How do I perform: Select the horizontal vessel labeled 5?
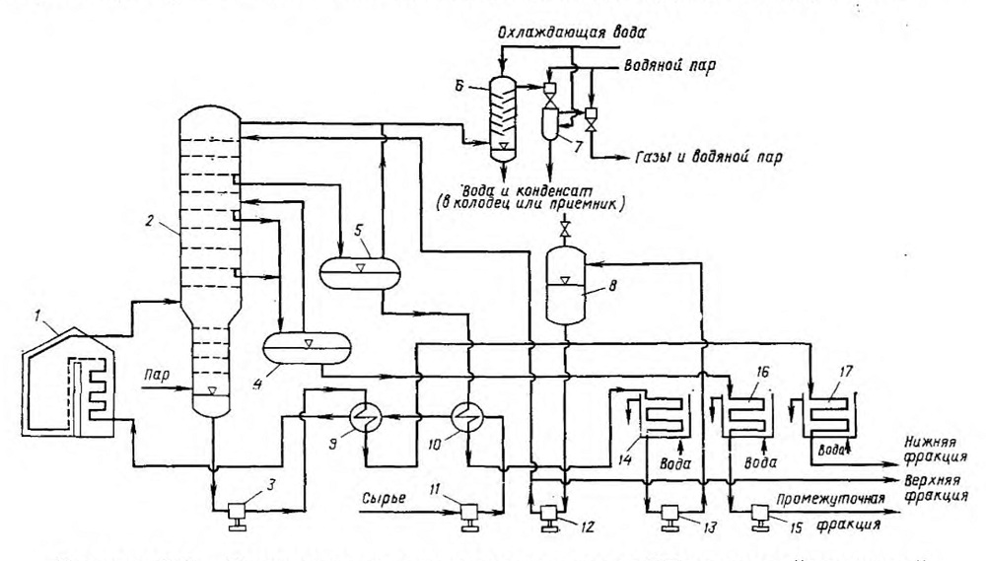(360, 271)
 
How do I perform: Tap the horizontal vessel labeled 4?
(307, 347)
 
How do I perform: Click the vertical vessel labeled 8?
(565, 285)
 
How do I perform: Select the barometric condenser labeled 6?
(503, 118)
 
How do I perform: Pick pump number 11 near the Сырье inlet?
(469, 517)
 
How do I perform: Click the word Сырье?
(383, 499)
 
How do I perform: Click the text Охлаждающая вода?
(571, 33)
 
